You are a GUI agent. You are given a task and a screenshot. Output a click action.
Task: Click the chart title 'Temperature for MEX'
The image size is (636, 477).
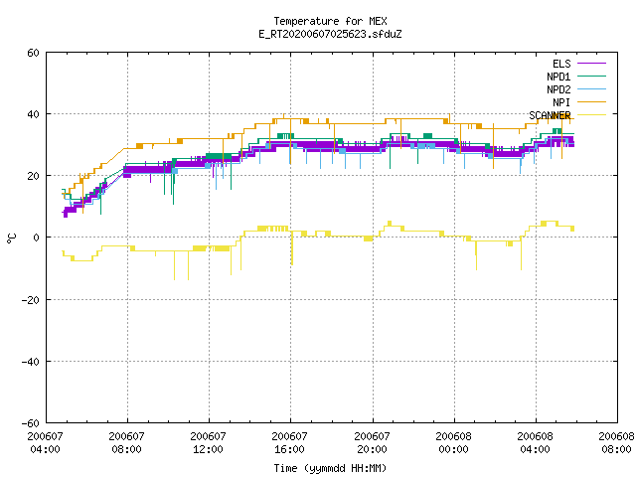pos(330,21)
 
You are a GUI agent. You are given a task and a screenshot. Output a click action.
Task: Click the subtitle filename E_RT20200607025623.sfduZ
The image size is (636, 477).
pos(330,34)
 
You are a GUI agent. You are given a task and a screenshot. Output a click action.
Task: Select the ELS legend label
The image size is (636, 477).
pos(561,64)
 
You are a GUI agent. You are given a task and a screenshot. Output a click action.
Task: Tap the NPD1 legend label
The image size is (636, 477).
pos(558,77)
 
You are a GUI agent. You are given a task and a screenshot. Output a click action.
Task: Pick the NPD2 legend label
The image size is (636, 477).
pos(558,89)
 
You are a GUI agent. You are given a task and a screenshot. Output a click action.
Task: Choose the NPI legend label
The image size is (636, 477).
pos(561,102)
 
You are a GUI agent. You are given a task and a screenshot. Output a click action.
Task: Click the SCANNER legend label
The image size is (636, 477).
pos(550,115)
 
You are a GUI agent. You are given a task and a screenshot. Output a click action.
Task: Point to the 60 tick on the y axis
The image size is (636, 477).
pos(33,53)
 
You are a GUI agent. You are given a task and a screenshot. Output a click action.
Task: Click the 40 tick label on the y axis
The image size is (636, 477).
pos(33,114)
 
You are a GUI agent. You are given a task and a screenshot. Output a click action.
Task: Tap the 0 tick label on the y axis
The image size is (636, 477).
pos(37,238)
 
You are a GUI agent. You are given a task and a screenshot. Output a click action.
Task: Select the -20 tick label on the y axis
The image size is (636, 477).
pos(31,300)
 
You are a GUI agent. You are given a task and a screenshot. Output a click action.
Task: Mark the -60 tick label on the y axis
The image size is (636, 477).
pos(31,423)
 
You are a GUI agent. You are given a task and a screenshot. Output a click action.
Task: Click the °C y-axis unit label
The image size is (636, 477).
pos(11,238)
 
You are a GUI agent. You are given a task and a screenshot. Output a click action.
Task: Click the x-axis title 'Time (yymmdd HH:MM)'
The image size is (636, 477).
pos(330,468)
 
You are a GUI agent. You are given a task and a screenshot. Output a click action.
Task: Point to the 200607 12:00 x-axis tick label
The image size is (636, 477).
pos(208,443)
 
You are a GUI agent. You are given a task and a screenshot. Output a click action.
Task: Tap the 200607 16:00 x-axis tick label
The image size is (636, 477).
pos(289,443)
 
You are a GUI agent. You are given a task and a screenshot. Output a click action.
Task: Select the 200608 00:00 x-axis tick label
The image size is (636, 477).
pos(453,443)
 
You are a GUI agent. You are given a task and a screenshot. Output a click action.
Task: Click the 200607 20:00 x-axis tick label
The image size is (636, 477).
pos(372,443)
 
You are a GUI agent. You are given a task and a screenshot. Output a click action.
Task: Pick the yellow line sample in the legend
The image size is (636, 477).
pos(592,115)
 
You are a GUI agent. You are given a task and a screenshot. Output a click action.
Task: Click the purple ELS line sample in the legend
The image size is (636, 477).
pos(592,64)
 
